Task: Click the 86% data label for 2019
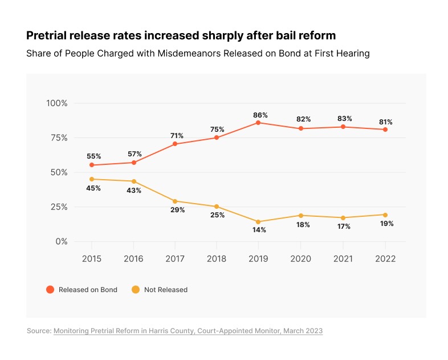coord(260,115)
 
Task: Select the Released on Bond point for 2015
coord(92,165)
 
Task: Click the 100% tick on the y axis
coord(57,103)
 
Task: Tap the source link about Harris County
coord(188,331)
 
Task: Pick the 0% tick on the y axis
coord(61,241)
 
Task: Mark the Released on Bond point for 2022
coord(385,130)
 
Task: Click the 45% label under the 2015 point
coord(93,188)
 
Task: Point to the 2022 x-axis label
coord(385,259)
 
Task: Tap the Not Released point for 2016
coord(134,181)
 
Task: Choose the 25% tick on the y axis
coord(59,207)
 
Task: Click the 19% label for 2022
coord(387,224)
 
